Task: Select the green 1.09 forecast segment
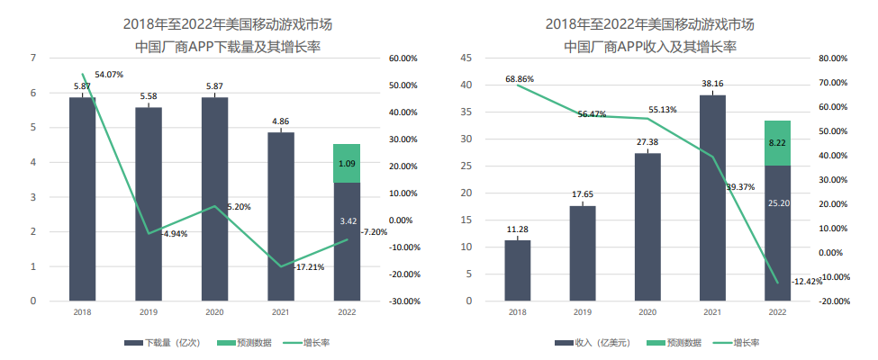click(x=347, y=164)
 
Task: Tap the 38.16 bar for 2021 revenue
click(x=712, y=197)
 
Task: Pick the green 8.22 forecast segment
click(x=778, y=143)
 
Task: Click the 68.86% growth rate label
click(x=520, y=79)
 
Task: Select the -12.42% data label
click(x=807, y=282)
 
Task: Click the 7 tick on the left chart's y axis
click(x=33, y=58)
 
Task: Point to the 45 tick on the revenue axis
click(x=466, y=58)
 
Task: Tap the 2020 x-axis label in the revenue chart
click(x=647, y=312)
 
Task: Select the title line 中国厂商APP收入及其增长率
click(x=650, y=44)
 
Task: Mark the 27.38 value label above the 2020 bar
click(x=647, y=142)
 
